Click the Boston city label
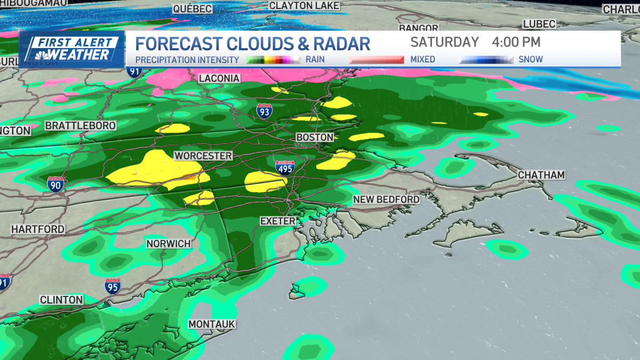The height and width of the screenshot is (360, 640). point(315,137)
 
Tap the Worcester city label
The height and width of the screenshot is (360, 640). point(203,156)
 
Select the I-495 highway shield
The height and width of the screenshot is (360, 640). point(285,168)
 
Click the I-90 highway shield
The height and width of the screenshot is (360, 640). point(55,184)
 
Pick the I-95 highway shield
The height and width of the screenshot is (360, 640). point(113,286)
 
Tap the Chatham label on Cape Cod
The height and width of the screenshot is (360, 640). point(541,175)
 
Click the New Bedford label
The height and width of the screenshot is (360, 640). point(386,199)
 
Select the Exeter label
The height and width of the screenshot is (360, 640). point(277,220)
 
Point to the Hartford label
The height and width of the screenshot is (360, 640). point(38,229)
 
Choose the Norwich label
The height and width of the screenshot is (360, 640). point(169,244)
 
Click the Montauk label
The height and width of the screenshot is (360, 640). point(212,324)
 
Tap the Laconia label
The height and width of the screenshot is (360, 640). point(219,78)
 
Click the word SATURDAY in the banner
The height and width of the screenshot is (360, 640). point(445,42)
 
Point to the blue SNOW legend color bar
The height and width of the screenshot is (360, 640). point(486,60)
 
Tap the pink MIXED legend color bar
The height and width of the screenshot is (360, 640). point(376,60)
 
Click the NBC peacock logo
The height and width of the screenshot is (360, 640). point(39,54)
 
